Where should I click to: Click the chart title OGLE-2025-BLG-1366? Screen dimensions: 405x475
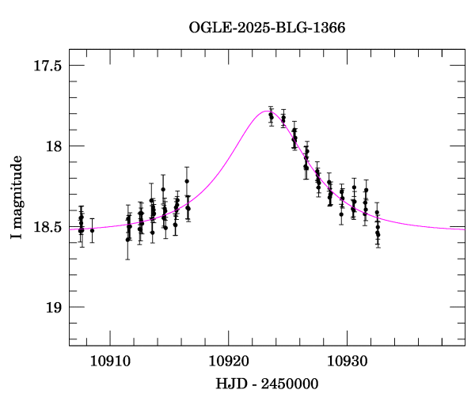(x=267, y=28)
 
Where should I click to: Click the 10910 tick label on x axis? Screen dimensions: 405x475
(x=108, y=361)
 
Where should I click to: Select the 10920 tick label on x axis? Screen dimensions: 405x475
(x=228, y=361)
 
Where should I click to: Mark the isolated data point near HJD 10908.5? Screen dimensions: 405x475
(x=92, y=230)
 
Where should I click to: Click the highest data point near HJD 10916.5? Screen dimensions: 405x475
(x=187, y=181)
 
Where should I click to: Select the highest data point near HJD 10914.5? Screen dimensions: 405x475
(x=163, y=190)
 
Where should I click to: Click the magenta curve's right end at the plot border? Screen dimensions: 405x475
(x=465, y=229)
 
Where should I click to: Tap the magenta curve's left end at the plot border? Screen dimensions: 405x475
(x=69, y=228)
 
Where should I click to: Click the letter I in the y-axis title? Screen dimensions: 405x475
(x=16, y=237)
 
